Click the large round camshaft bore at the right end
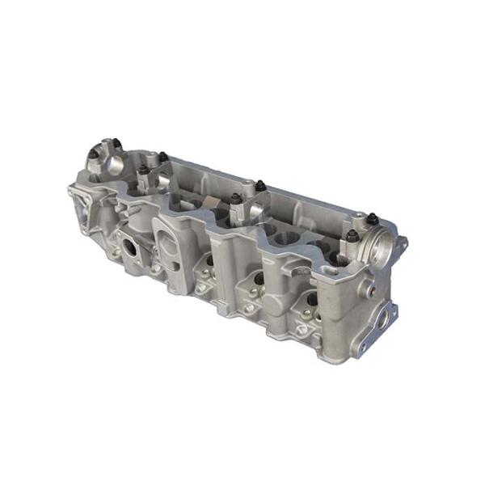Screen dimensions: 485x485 coord(379,243)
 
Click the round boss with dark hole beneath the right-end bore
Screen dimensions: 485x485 coord(373,289)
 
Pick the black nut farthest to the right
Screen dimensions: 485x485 coord(352,235)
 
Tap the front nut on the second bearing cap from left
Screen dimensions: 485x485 coord(144,171)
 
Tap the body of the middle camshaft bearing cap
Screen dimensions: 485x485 coord(242,212)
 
